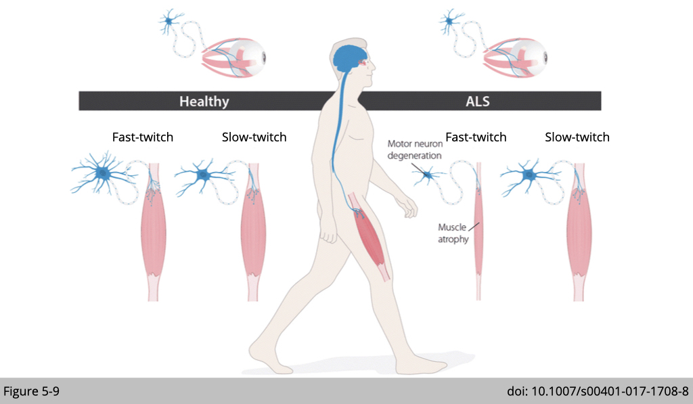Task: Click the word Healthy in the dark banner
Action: [x=204, y=102]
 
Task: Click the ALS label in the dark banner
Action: [x=477, y=102]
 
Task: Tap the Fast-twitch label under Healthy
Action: [x=142, y=137]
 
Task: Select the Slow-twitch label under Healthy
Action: [x=254, y=137]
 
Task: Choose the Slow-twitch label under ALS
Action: [x=577, y=137]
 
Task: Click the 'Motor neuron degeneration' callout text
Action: [x=414, y=150]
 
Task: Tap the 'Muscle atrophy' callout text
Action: [x=453, y=233]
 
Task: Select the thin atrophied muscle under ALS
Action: [x=478, y=230]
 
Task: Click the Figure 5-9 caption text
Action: [x=32, y=391]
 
